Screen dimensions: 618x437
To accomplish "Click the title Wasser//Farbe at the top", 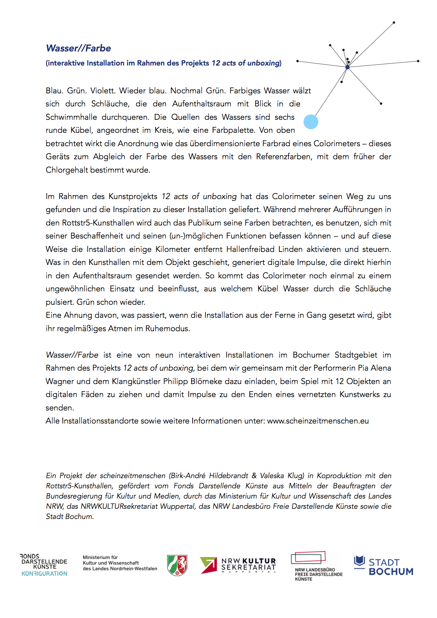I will click(78, 48).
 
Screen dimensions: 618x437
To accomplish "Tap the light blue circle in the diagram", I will click(311, 122).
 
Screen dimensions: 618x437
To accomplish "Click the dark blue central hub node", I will click(347, 67).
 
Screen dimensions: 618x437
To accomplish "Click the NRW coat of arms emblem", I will click(177, 565).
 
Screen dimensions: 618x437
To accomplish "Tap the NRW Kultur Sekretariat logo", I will click(238, 565).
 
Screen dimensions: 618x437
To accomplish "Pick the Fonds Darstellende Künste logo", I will click(44, 565).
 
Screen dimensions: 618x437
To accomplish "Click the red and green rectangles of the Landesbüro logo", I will click(308, 557).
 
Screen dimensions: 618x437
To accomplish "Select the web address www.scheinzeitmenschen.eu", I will click(318, 421).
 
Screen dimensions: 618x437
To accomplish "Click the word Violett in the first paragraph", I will click(102, 91).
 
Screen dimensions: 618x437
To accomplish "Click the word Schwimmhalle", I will click(71, 117).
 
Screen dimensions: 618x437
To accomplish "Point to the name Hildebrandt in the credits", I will click(228, 476).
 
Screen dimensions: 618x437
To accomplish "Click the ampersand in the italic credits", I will click(254, 476).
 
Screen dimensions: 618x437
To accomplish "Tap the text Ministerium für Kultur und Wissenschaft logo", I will click(120, 563).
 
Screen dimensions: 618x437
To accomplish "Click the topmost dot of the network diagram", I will click(394, 23).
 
